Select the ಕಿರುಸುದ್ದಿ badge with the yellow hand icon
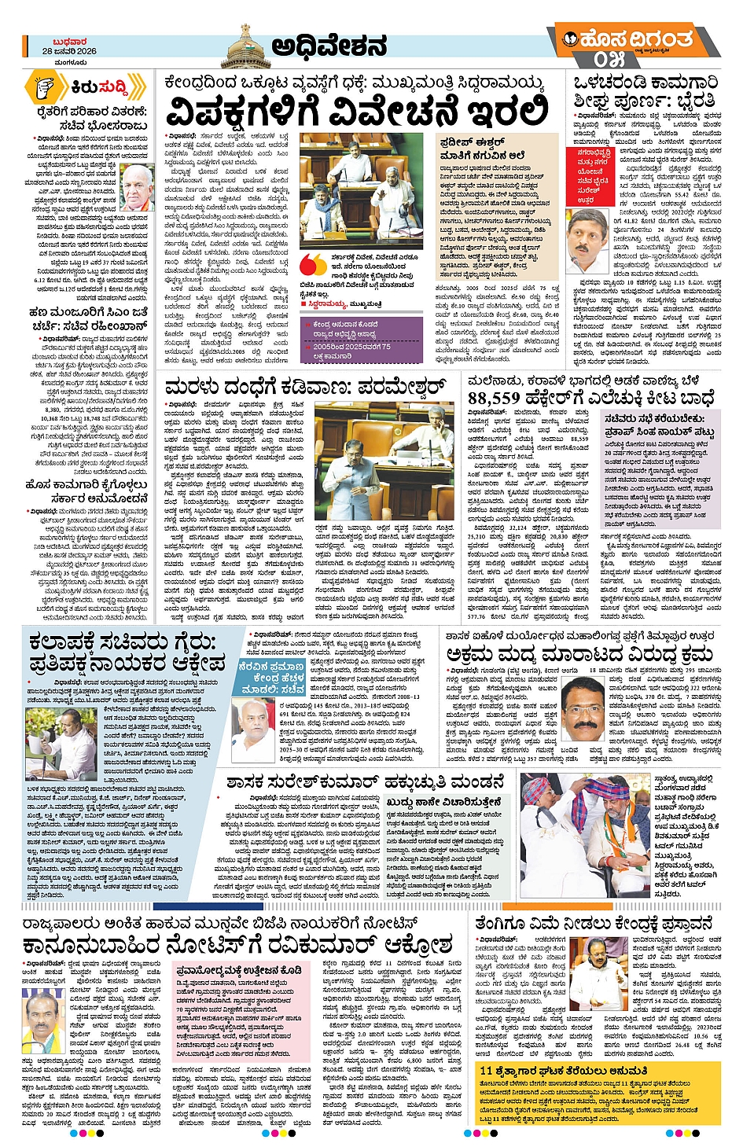click(x=86, y=86)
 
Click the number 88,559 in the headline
click(x=504, y=399)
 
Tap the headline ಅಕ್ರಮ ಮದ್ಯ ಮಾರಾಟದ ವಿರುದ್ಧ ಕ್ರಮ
click(x=579, y=655)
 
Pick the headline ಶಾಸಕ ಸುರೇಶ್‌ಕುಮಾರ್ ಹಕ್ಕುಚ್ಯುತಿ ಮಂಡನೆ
click(x=365, y=782)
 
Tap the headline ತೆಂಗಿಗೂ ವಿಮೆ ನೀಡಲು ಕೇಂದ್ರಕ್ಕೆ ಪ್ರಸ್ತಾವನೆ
click(x=594, y=924)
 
